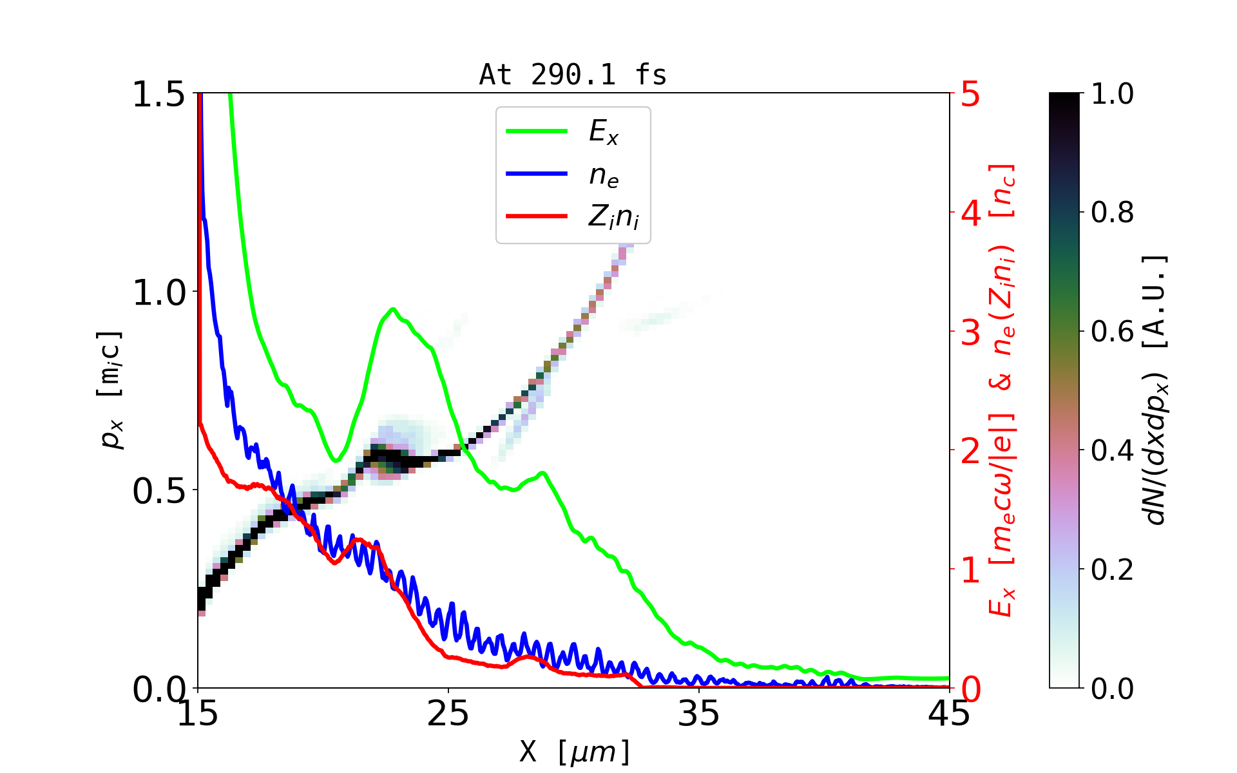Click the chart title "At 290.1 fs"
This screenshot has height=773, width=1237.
tap(573, 75)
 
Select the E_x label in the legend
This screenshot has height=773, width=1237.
tap(604, 132)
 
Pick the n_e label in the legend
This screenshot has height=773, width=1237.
tap(604, 175)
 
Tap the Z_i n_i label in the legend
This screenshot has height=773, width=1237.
tap(613, 217)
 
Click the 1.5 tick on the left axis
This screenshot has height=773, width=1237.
tap(158, 95)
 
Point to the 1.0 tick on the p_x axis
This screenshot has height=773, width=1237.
tap(158, 293)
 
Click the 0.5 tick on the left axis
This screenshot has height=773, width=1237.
tap(158, 491)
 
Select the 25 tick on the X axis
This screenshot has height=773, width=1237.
tap(448, 713)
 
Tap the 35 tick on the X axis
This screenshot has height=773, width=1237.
tap(699, 713)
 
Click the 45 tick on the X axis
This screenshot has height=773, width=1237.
tap(949, 713)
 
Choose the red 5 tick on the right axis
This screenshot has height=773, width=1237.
tap(970, 95)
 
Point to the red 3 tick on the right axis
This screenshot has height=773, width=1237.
tap(970, 332)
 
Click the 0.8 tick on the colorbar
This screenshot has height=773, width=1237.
tap(1112, 213)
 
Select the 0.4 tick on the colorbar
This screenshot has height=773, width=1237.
tap(1112, 451)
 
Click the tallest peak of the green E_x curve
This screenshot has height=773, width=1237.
tap(392, 310)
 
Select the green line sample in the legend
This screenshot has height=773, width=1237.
tap(537, 131)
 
